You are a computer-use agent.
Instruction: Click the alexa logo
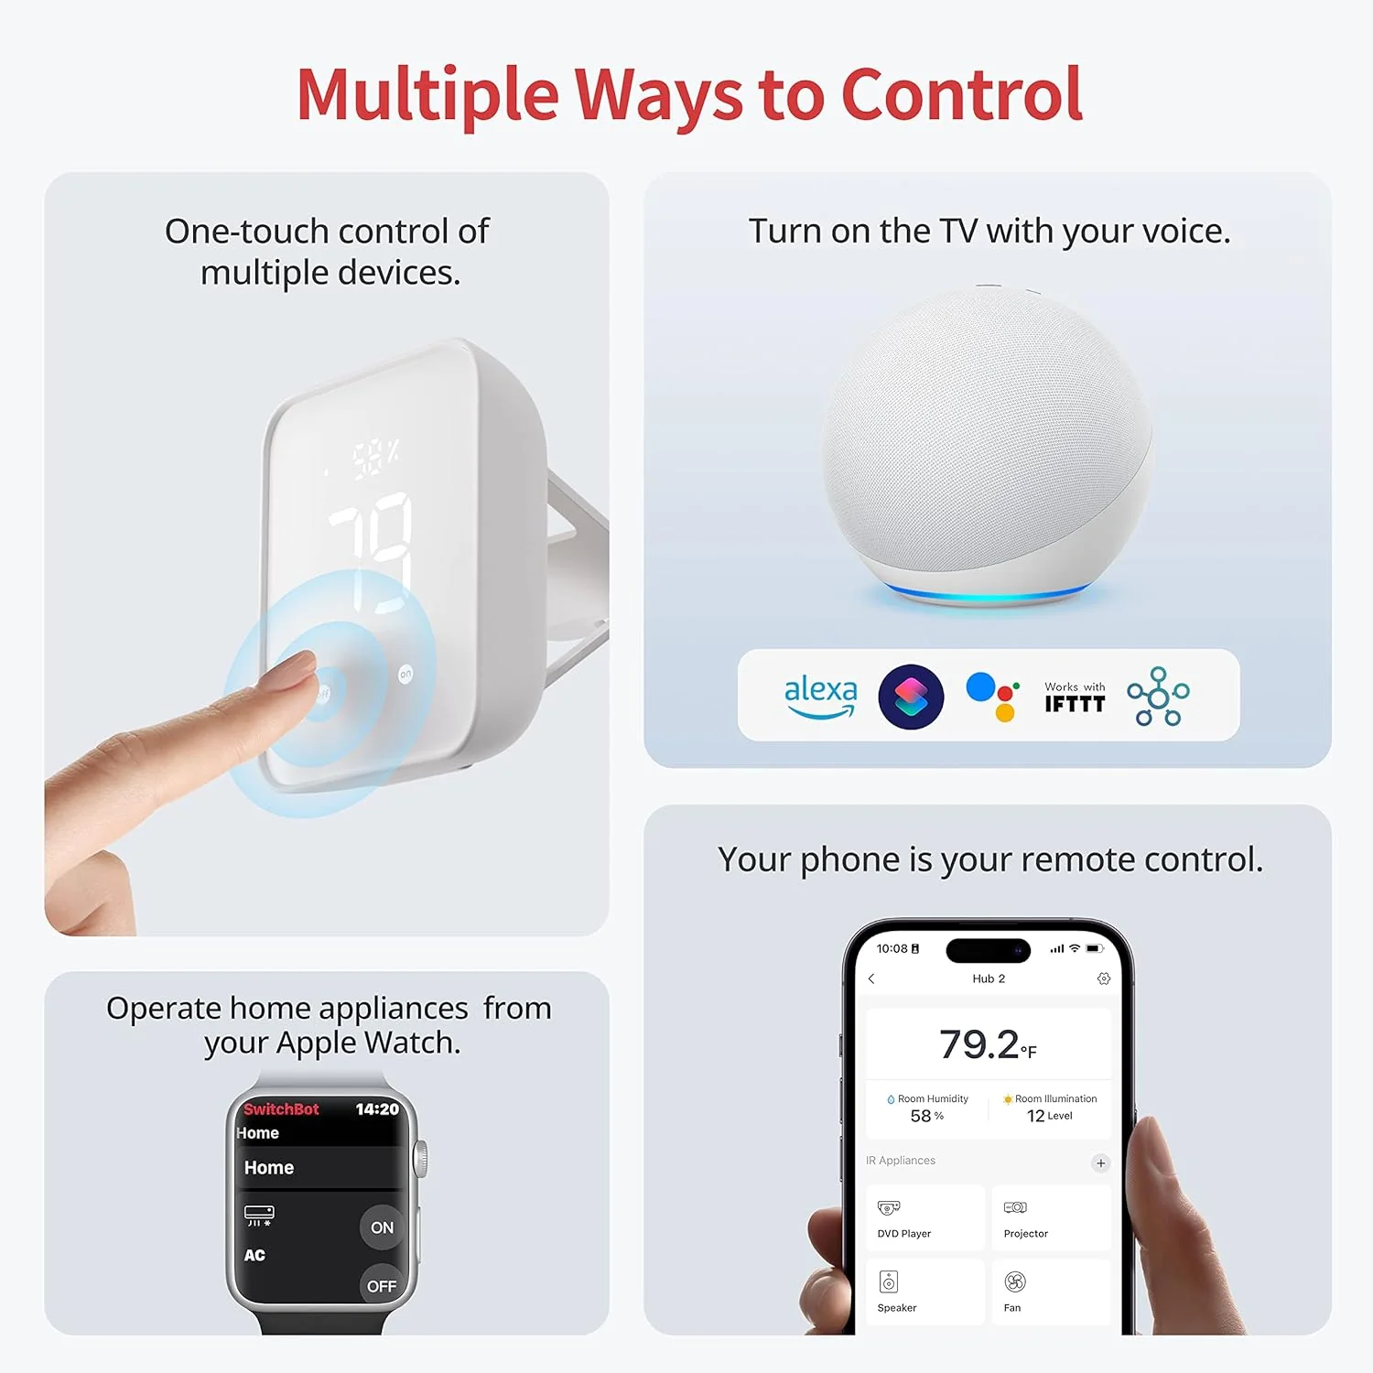point(820,696)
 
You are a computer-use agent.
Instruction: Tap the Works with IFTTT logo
point(1075,697)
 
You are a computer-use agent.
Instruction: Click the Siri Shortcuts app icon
point(911,697)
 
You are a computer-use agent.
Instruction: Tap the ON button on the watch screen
point(382,1227)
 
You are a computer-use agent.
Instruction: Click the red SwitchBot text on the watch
point(281,1109)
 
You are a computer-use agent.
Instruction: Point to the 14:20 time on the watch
point(377,1109)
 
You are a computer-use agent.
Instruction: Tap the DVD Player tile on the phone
point(924,1218)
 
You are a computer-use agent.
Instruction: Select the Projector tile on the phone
point(1051,1218)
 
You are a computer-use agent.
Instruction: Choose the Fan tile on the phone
point(1051,1292)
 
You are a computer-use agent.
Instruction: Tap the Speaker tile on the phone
point(924,1292)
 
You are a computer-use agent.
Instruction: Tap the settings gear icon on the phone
point(1104,978)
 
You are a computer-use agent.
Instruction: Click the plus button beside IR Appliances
point(1100,1163)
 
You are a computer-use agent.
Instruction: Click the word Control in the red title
point(961,94)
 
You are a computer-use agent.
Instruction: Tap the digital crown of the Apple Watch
point(421,1159)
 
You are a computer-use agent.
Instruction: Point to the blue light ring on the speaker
point(989,597)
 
